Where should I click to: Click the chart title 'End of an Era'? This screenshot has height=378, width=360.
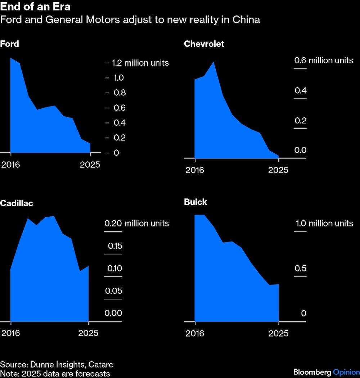tap(35, 7)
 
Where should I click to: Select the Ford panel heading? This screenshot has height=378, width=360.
tap(9, 44)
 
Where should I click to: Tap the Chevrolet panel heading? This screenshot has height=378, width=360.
tap(204, 44)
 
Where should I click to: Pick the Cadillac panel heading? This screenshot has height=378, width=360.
tap(17, 203)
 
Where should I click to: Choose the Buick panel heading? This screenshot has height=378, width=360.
tap(195, 202)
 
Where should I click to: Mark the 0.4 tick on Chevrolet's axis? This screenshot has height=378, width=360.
tap(300, 91)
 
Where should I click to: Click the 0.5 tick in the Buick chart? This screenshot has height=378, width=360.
tap(300, 269)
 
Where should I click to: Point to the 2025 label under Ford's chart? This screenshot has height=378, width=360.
tap(90, 165)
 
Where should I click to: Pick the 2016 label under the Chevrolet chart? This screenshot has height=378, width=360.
tap(195, 170)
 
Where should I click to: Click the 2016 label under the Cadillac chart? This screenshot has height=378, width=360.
tap(11, 333)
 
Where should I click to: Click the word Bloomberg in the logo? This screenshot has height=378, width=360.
tap(312, 372)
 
